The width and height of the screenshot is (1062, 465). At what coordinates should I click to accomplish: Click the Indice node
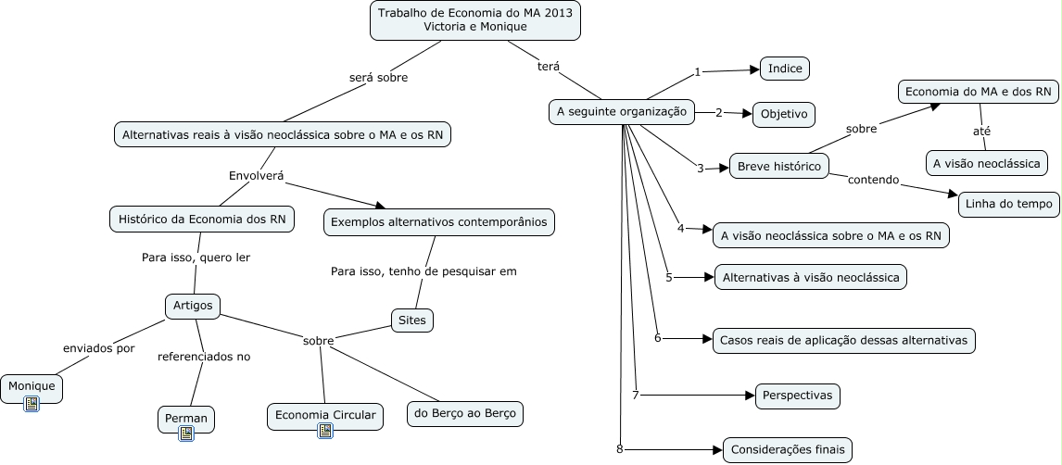point(786,69)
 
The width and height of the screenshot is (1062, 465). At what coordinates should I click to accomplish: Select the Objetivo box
point(783,115)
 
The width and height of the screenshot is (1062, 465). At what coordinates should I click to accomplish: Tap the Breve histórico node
point(779,167)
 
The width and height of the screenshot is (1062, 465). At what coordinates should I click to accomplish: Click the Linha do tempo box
point(1008,205)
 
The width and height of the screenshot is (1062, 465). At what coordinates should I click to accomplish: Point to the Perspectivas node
point(798,396)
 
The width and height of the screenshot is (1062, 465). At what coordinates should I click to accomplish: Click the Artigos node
point(193,305)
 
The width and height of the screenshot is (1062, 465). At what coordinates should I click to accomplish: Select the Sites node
point(411,320)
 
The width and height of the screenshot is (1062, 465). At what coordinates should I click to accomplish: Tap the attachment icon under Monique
point(32,403)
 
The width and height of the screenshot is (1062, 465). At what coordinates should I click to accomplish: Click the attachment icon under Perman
point(186,434)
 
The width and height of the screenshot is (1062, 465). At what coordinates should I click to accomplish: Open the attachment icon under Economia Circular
point(325,430)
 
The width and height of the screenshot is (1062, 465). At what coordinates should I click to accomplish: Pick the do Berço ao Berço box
point(465,414)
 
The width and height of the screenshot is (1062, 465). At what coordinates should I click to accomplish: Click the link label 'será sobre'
point(378,78)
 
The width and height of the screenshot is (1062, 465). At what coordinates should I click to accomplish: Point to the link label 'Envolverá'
point(256,175)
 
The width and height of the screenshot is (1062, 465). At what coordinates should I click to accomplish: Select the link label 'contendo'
point(874,180)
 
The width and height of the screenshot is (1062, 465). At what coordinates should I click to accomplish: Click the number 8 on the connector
point(619,450)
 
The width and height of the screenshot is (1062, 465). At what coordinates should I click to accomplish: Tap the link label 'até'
point(981,132)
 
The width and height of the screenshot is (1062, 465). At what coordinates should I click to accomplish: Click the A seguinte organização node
point(621,112)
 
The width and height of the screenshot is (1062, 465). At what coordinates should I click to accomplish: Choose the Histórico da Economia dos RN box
point(203,220)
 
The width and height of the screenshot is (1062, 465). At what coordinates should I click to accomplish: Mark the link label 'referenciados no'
point(204,356)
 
